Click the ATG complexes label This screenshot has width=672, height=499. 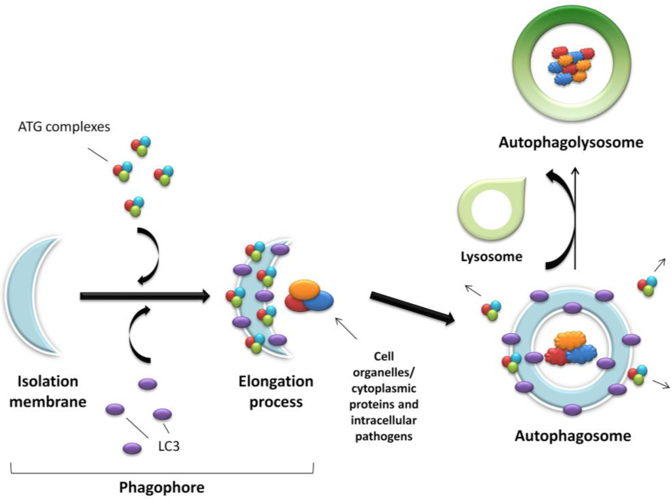[64, 127]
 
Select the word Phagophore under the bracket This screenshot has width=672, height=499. [161, 488]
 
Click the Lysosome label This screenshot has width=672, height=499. [492, 257]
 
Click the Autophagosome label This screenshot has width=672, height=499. [572, 435]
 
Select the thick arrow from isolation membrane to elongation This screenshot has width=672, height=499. [144, 296]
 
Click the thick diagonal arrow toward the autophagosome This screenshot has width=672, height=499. [412, 307]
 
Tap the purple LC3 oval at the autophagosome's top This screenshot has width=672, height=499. [572, 307]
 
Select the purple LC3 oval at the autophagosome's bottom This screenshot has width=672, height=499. [572, 410]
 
